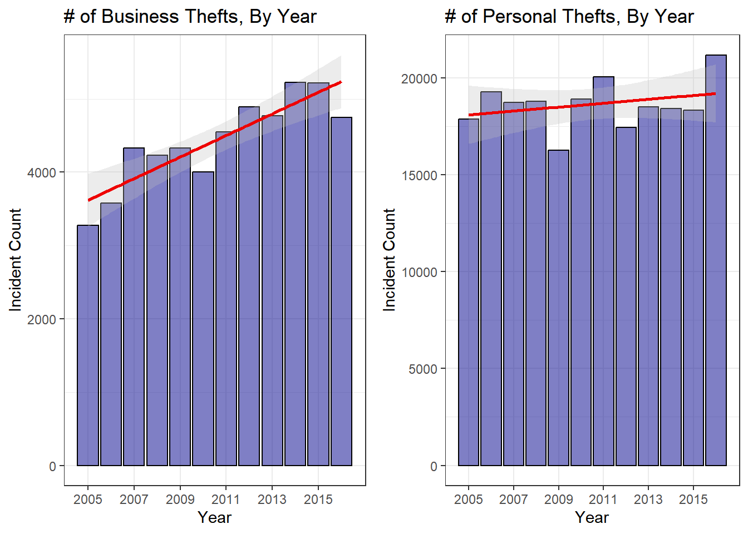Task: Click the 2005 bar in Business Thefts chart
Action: [88, 345]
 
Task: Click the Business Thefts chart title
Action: [190, 17]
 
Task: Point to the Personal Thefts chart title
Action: [569, 17]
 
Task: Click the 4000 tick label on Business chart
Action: [42, 172]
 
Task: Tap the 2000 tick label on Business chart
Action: [42, 319]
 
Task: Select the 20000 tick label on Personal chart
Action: [419, 78]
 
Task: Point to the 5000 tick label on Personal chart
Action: [422, 369]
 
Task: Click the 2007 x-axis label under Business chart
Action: [134, 499]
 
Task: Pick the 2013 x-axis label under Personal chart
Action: [648, 499]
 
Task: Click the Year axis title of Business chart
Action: [214, 517]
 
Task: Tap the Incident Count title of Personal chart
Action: [389, 259]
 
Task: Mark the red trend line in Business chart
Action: [214, 141]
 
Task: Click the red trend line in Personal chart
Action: [592, 104]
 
